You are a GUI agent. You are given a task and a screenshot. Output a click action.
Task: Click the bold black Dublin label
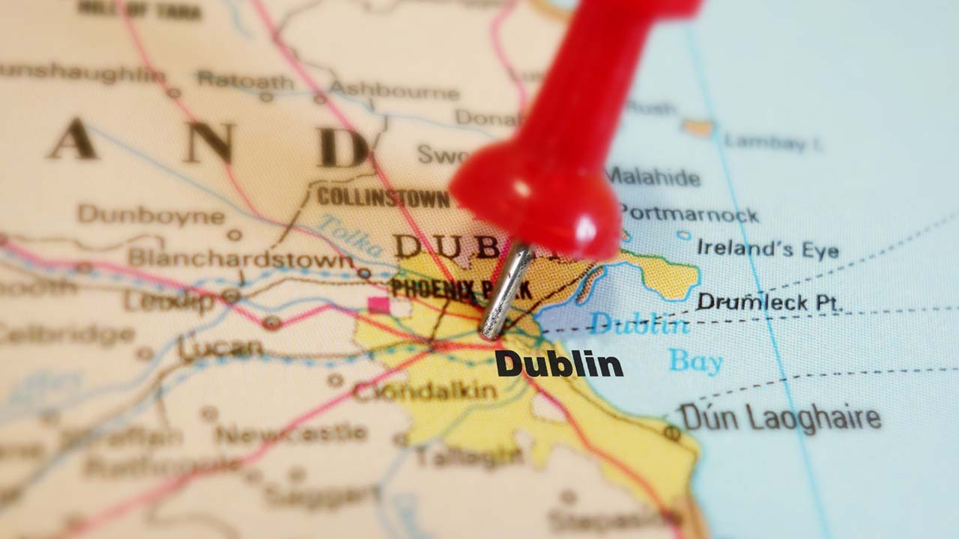tap(559, 365)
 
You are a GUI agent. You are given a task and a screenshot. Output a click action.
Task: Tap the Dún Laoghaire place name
tap(780, 418)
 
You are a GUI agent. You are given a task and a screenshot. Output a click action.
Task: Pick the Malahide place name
tap(653, 177)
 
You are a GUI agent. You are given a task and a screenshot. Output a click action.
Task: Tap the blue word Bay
tap(695, 362)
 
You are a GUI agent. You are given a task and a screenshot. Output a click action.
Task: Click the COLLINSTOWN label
tap(383, 198)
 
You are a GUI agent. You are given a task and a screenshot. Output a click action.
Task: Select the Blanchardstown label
tap(240, 259)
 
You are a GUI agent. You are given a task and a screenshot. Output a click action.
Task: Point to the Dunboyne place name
tap(151, 216)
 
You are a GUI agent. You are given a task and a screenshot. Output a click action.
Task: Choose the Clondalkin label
tap(424, 391)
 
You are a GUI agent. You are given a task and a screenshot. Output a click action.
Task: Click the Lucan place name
tap(220, 348)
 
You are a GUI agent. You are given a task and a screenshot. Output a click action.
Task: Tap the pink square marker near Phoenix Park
tap(379, 305)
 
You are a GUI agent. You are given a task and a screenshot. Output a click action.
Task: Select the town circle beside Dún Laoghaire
tap(672, 432)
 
